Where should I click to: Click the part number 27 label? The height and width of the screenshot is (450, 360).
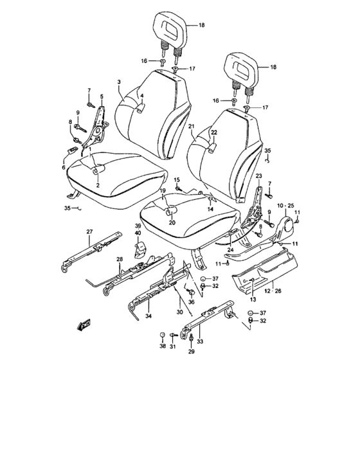(89, 231)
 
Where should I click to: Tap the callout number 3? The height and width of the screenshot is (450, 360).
(119, 82)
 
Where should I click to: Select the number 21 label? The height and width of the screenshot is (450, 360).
(192, 126)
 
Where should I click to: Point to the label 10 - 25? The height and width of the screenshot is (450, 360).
(286, 206)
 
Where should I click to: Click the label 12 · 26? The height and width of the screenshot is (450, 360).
(273, 291)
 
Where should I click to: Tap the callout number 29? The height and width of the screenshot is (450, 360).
(191, 352)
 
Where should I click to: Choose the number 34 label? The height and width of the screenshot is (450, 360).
(148, 316)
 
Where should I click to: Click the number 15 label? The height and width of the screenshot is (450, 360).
(177, 180)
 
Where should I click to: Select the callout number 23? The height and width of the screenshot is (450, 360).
(258, 176)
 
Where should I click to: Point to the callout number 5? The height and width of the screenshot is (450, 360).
(102, 96)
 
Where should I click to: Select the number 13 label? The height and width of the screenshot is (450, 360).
(253, 300)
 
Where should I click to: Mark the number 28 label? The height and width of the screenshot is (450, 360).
(120, 260)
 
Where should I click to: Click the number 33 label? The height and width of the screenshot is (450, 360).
(200, 341)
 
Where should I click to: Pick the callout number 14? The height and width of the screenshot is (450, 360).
(210, 209)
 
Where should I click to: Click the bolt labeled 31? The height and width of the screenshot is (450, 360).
(173, 335)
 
